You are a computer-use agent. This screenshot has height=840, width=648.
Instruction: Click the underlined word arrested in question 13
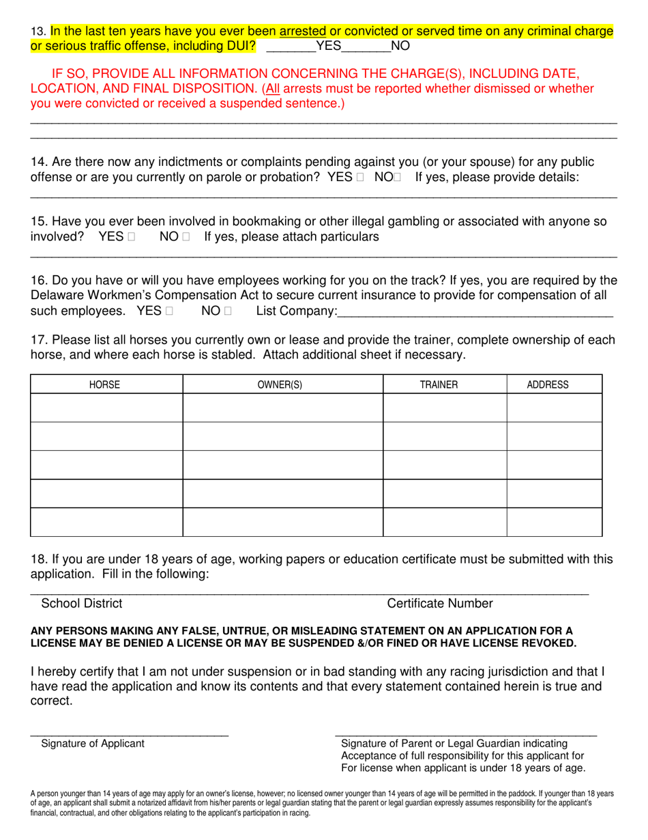302,31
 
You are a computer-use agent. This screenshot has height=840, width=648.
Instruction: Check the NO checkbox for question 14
398,178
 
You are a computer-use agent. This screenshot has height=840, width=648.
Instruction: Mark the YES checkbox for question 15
131,237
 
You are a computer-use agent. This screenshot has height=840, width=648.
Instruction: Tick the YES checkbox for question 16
169,311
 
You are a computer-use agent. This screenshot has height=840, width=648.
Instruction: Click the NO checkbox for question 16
228,311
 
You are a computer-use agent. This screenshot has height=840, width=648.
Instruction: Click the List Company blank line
475,314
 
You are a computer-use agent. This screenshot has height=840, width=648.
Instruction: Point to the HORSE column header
105,384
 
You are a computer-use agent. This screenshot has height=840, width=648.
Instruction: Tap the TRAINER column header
439,384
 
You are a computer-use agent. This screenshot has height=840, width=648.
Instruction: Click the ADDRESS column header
548,384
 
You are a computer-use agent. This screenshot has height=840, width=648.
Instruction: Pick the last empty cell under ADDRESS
554,522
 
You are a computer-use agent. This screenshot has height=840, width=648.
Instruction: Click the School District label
82,603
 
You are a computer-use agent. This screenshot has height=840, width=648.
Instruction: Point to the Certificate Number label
439,603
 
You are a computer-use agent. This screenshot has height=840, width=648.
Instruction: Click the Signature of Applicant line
130,734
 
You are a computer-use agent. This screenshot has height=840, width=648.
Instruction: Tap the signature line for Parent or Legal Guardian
466,734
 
